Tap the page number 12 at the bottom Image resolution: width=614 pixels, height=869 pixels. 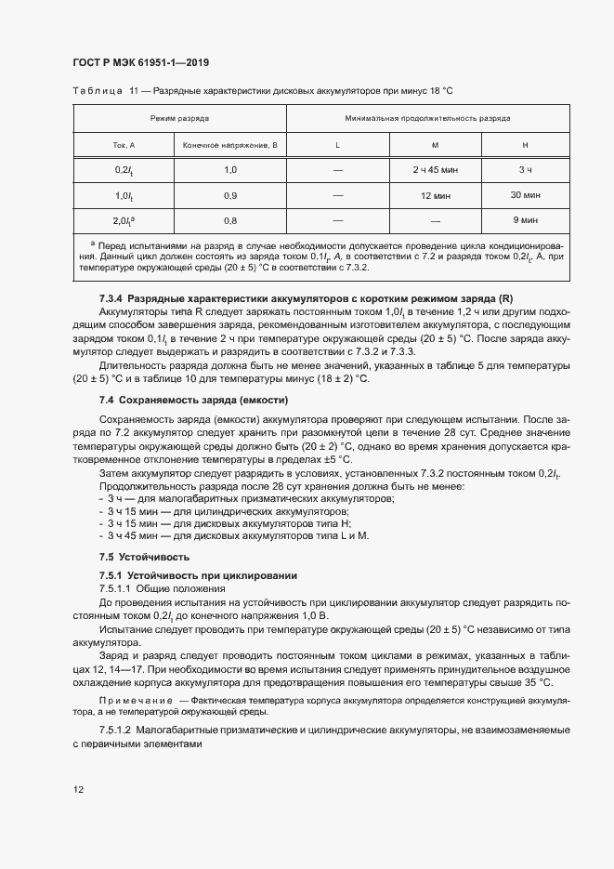[77, 790]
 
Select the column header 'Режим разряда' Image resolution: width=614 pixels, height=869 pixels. [179, 119]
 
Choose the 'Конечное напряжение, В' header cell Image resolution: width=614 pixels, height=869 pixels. [229, 145]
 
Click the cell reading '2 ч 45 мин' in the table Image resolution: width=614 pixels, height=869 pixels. [441, 171]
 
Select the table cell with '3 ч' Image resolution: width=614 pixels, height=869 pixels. [525, 171]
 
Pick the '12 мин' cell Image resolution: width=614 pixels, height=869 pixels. [441, 196]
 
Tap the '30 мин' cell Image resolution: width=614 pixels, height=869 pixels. [525, 196]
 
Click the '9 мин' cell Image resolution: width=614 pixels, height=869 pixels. [525, 221]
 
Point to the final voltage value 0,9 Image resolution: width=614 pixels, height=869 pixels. [229, 196]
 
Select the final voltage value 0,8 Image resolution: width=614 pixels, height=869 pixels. [229, 221]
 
